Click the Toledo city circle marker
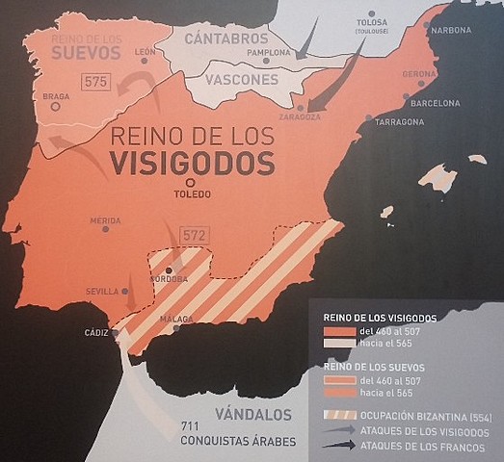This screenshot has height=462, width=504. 191,181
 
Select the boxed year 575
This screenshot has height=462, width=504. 94,82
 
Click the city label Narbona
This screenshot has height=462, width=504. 452,30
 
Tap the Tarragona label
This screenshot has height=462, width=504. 399,122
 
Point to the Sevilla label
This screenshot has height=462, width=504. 101,290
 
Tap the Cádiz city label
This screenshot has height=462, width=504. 99,332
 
